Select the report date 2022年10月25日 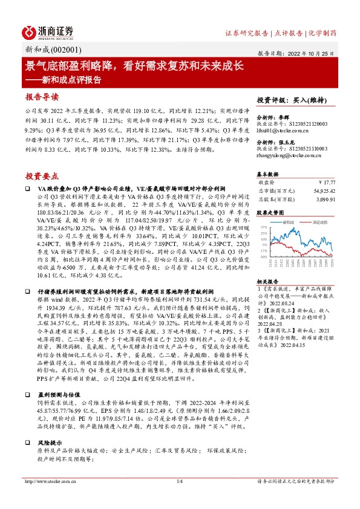point(317,53)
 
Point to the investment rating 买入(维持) point(310,100)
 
